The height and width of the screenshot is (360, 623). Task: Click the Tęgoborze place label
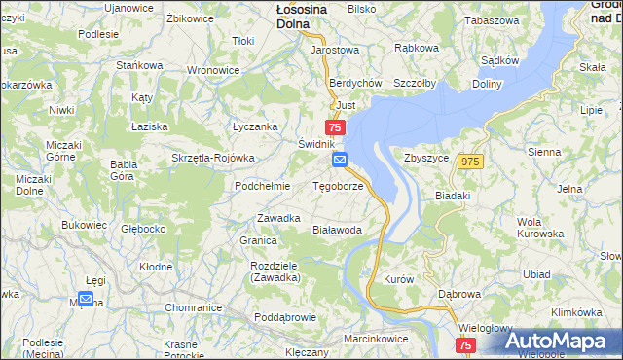339,186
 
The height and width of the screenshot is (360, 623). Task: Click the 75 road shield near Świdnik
335,128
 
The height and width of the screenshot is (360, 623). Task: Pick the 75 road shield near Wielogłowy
464,345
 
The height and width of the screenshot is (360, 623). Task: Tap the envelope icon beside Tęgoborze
339,159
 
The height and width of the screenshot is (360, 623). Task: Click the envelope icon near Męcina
86,300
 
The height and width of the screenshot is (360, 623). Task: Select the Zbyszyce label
425,158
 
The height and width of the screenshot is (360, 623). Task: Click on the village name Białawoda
337,230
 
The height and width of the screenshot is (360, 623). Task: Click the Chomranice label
194,307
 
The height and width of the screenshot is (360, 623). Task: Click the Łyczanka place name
255,126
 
